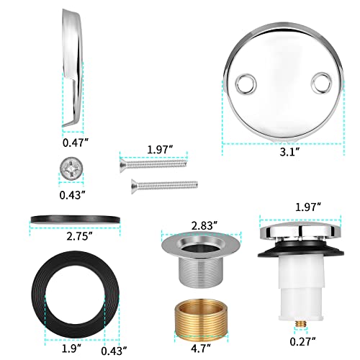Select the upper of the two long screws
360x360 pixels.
click(x=154, y=163)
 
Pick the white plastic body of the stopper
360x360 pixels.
click(x=296, y=277)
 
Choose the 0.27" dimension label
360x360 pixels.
click(x=297, y=342)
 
